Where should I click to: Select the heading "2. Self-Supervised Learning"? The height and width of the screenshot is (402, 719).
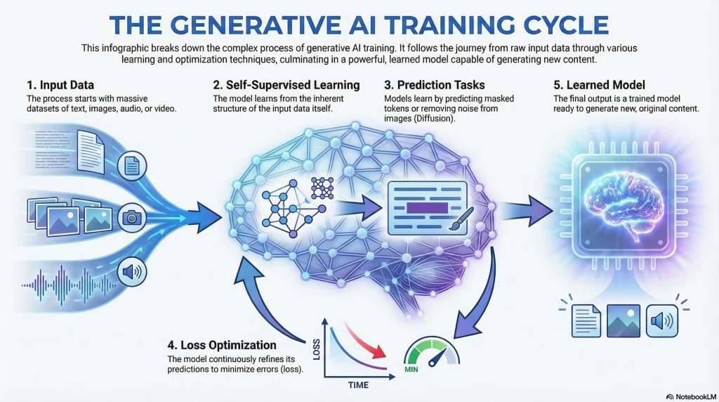pos(286,85)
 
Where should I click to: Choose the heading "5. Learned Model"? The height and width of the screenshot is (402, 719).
pos(599,85)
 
